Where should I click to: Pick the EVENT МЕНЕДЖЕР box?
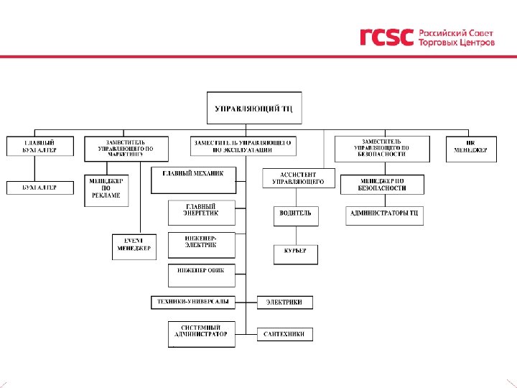[x=134, y=246]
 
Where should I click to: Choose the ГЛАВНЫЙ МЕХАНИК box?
[x=194, y=180]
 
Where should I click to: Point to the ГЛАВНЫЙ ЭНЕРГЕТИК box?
[x=201, y=212]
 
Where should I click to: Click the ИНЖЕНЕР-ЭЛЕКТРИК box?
[x=201, y=244]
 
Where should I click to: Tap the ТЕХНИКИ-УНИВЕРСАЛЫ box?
[x=193, y=302]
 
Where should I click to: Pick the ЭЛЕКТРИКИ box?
[x=285, y=302]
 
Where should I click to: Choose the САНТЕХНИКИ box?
[x=285, y=334]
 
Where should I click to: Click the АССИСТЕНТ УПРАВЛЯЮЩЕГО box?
[x=298, y=177]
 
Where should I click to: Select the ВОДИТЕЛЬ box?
[x=295, y=215]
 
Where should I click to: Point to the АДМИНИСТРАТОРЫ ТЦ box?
[x=384, y=215]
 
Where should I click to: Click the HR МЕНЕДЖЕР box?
[x=470, y=147]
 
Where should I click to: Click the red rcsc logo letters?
[x=386, y=37]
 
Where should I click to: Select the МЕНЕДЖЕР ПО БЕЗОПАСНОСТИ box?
[x=382, y=184]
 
